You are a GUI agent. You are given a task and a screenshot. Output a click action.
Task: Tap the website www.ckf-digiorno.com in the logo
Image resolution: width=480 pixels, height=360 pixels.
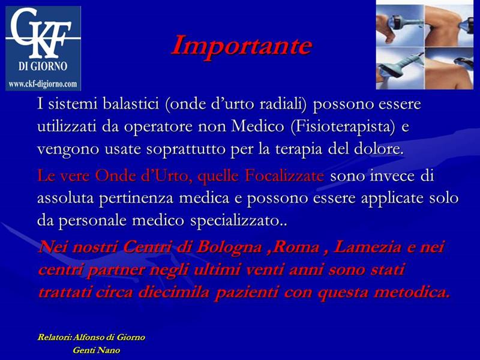(x=43, y=84)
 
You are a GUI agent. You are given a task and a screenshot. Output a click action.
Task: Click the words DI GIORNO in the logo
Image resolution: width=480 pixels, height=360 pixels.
(x=43, y=66)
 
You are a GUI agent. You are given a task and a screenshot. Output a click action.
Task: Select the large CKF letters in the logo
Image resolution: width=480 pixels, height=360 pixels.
(x=41, y=33)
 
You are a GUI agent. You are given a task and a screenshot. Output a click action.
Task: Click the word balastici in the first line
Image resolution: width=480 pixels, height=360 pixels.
(x=131, y=104)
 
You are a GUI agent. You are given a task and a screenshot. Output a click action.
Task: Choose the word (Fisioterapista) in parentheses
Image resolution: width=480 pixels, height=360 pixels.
(x=342, y=127)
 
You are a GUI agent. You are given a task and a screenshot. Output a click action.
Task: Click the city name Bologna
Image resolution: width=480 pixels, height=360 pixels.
(x=229, y=248)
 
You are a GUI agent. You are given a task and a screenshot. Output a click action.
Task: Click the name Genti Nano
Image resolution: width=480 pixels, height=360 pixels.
(x=96, y=350)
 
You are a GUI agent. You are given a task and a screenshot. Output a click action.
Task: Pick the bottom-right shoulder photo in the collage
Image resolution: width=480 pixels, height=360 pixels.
(x=449, y=68)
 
